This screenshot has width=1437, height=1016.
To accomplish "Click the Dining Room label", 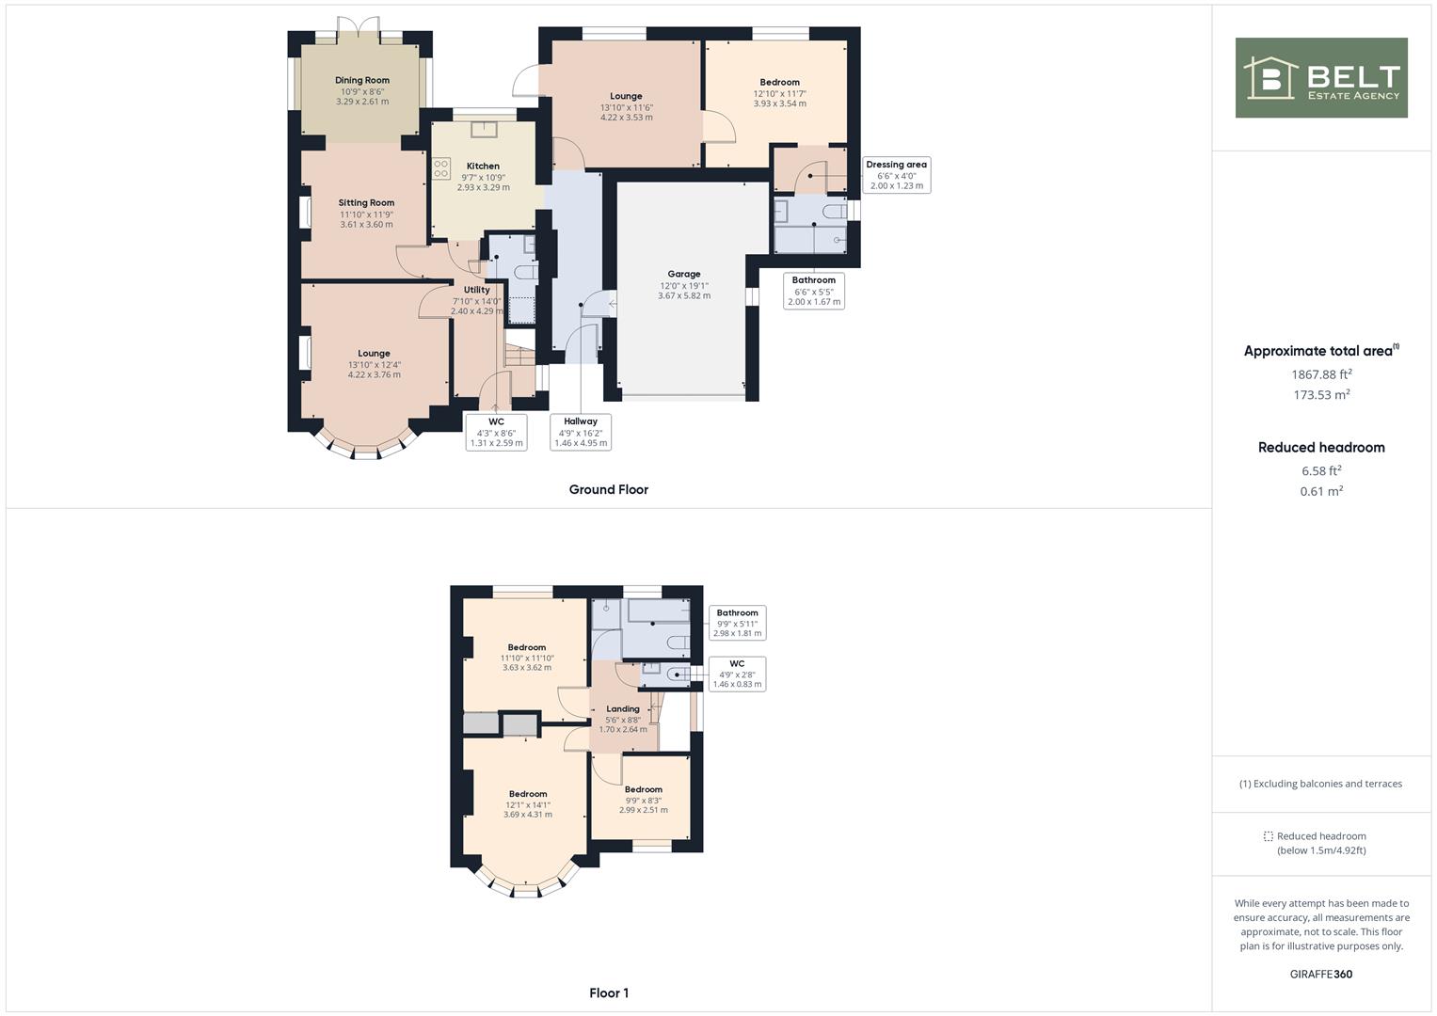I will click(362, 81).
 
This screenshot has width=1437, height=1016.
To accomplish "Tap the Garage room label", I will click(684, 275).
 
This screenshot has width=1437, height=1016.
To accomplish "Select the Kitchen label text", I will click(483, 167).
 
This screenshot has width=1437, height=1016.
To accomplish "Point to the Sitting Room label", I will click(366, 203).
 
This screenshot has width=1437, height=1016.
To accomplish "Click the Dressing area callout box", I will click(896, 175).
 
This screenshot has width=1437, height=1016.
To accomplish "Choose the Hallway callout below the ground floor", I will click(581, 432).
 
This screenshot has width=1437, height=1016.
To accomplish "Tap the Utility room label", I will click(477, 290).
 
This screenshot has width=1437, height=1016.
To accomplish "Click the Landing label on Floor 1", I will click(623, 709).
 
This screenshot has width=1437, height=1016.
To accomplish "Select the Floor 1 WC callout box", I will click(737, 674).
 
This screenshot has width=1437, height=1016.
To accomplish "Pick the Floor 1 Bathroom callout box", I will click(737, 623).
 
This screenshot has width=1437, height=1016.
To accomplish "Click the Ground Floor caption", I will click(609, 489).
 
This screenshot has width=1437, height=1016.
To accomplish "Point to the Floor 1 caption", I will click(609, 992).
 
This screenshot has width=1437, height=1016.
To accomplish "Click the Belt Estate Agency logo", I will click(1321, 78).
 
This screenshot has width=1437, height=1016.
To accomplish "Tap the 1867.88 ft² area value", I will click(1321, 374).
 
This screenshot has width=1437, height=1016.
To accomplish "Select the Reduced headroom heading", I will click(1321, 448).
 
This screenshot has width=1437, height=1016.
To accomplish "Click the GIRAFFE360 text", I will click(1321, 974).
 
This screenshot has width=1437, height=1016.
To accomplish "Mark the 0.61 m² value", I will click(1321, 491).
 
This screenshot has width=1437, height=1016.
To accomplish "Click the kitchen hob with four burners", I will click(441, 168).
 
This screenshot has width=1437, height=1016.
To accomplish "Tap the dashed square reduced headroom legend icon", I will click(1268, 836).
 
